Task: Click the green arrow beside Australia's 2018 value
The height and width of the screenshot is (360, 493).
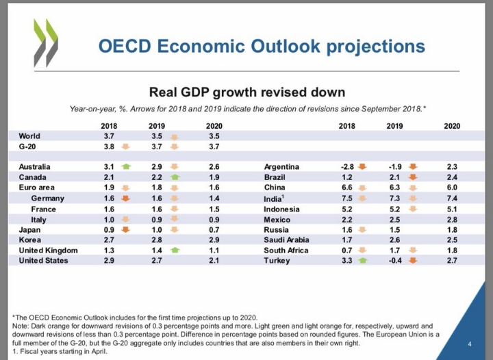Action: [x=125, y=166]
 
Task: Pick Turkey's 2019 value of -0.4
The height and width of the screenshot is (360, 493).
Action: [x=394, y=261]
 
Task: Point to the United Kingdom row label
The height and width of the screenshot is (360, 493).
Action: [x=48, y=250]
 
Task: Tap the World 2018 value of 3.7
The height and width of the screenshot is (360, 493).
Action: [x=109, y=136]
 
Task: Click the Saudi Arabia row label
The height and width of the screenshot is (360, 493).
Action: [x=287, y=240]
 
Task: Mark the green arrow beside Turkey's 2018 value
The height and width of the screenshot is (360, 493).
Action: [x=362, y=261]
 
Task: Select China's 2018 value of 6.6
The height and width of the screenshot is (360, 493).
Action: [x=347, y=188]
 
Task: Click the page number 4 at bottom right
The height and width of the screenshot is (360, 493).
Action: [x=469, y=344]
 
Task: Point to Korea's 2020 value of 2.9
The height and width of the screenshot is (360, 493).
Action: [x=213, y=240]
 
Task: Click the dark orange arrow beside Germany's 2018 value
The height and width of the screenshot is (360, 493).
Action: [x=125, y=198]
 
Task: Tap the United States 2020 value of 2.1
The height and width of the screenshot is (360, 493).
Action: [x=213, y=261]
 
